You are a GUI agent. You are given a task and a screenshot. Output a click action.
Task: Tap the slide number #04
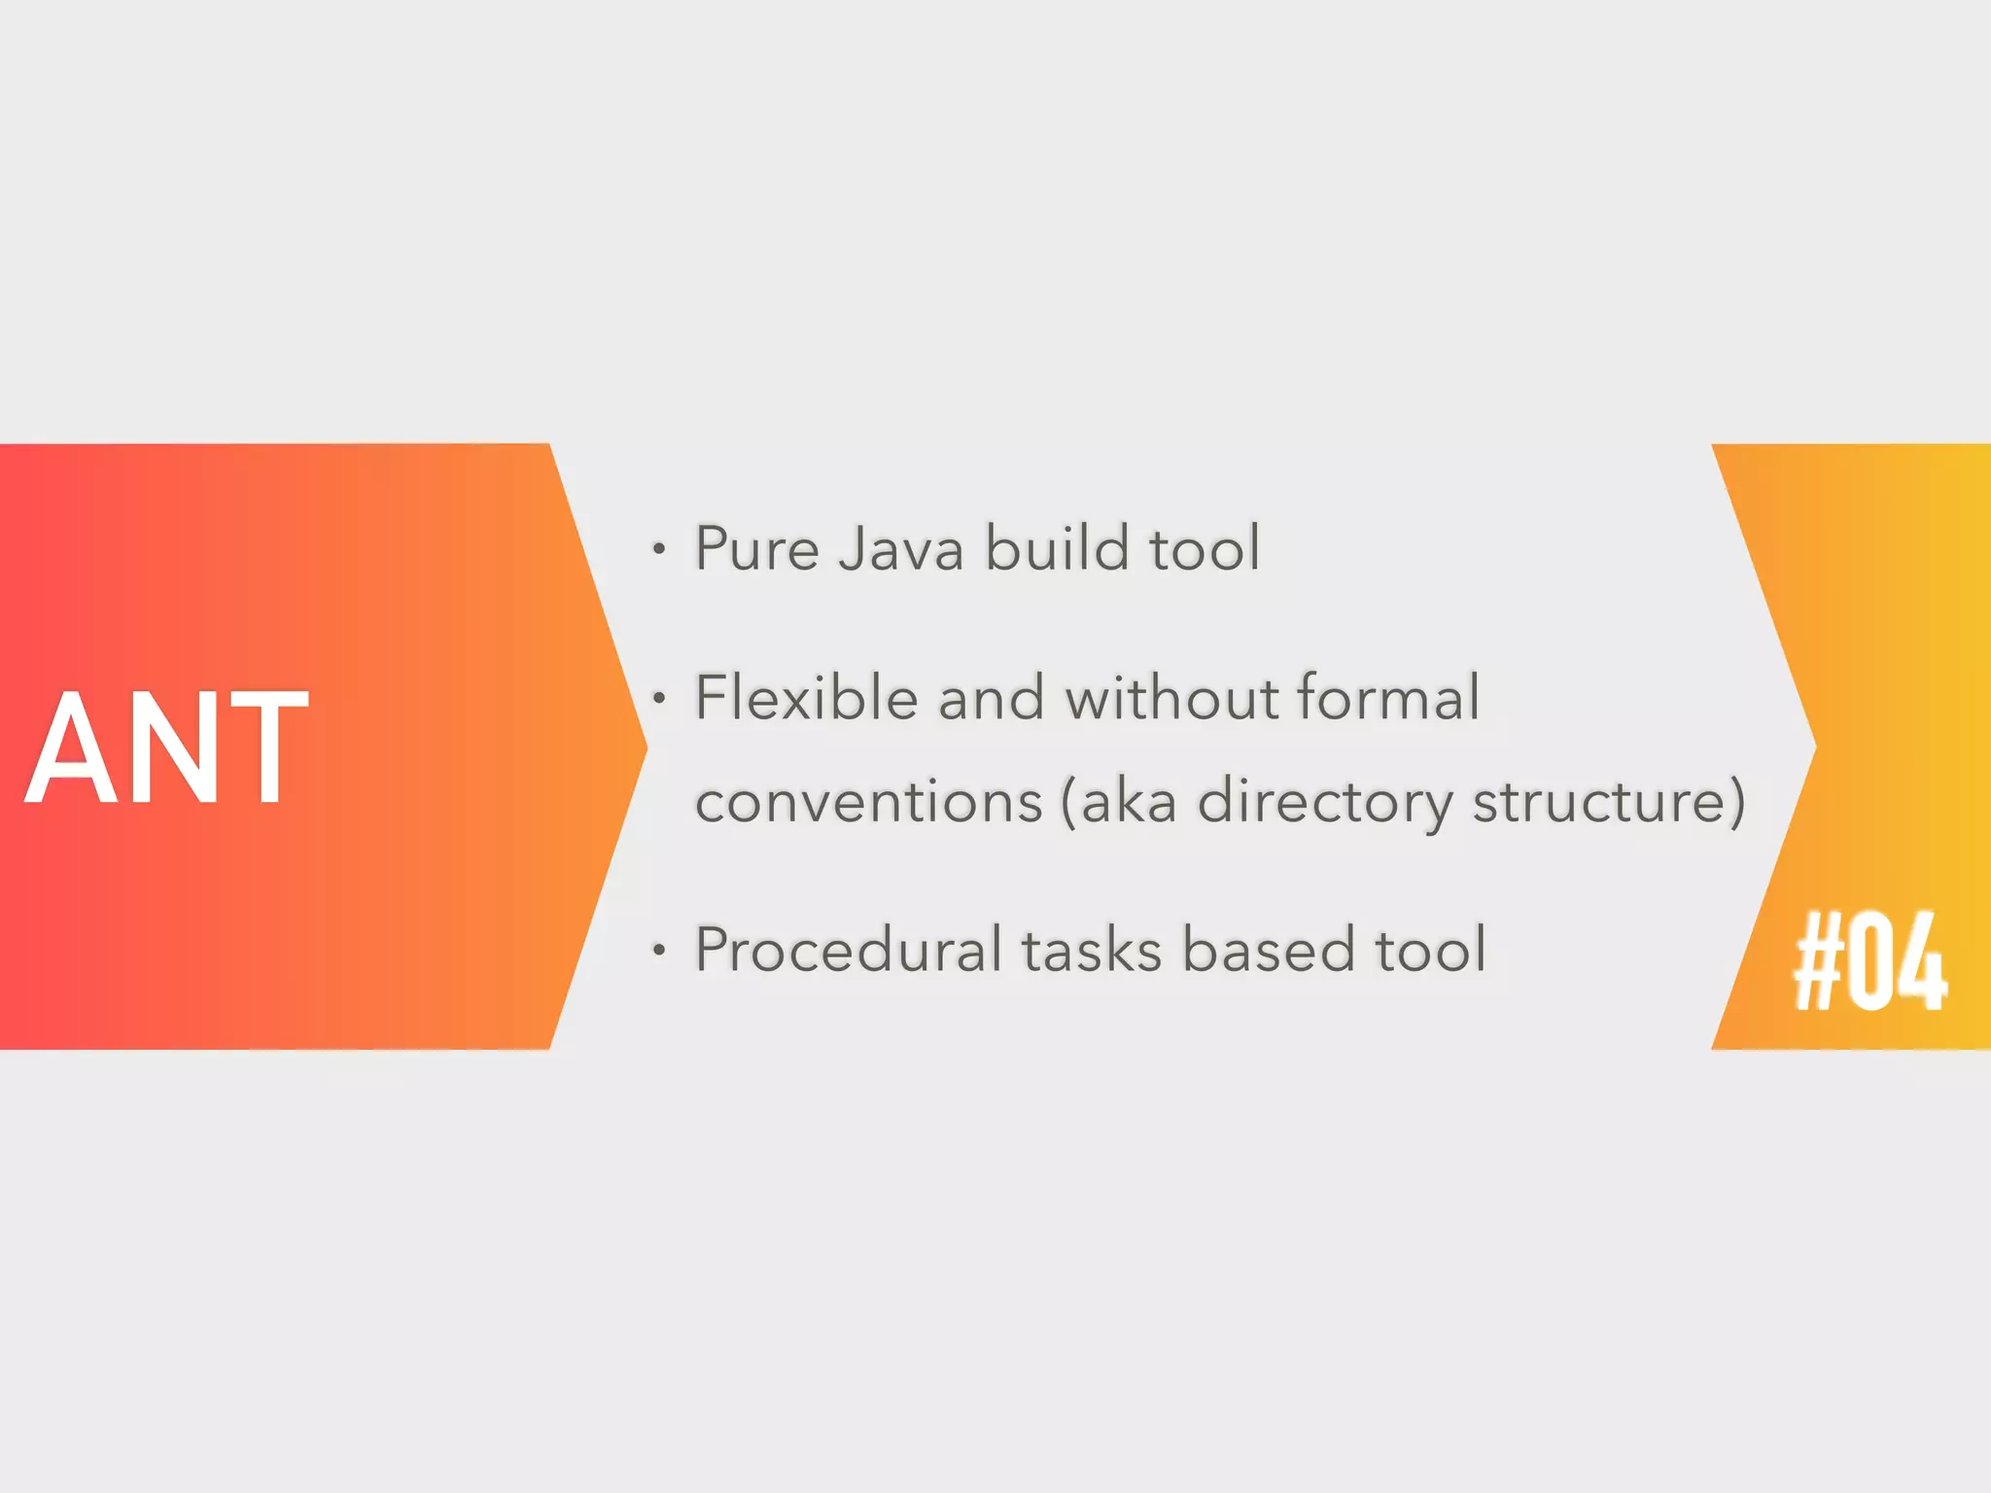(1869, 962)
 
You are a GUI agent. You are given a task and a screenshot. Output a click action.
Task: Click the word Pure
(757, 548)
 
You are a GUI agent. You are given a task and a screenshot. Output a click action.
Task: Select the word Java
(900, 548)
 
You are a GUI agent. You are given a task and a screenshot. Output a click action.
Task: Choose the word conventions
(868, 802)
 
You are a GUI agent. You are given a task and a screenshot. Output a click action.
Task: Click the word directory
(1324, 804)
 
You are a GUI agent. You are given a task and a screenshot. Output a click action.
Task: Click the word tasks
(1091, 950)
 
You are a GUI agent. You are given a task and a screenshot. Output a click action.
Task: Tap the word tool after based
(1430, 950)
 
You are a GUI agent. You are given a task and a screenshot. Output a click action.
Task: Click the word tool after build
(1205, 548)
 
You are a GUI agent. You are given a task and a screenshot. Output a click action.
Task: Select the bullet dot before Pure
(659, 550)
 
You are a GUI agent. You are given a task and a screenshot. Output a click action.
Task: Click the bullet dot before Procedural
(659, 951)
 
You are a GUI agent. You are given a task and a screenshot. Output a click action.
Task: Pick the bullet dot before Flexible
(659, 699)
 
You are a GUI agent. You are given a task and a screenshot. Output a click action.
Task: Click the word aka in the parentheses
(1128, 804)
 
